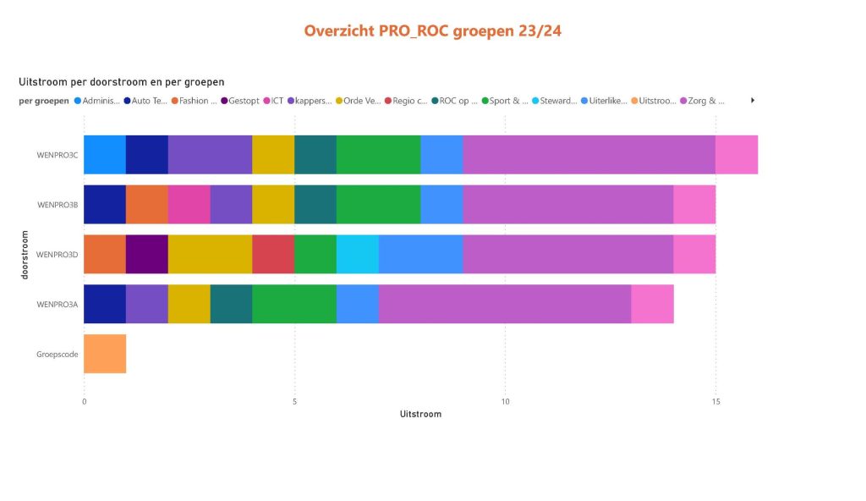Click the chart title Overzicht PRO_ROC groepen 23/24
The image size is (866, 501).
click(x=432, y=31)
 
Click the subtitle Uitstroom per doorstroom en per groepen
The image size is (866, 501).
click(x=121, y=82)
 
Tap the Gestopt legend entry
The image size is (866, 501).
click(x=240, y=101)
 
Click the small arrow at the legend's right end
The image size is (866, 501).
click(x=752, y=100)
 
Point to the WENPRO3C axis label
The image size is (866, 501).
click(x=58, y=155)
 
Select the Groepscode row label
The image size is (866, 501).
click(x=58, y=355)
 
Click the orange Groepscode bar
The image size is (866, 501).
click(x=105, y=354)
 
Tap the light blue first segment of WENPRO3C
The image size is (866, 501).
click(x=105, y=154)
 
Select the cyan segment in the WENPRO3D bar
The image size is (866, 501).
click(x=357, y=254)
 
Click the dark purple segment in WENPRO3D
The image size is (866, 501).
click(x=147, y=254)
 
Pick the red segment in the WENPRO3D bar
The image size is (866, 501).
click(x=273, y=254)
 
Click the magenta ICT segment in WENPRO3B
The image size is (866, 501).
click(x=189, y=204)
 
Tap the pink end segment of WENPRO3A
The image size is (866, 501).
click(x=652, y=304)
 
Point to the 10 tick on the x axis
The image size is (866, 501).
click(x=505, y=401)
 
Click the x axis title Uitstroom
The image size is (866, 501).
click(x=420, y=414)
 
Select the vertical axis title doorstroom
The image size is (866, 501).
click(x=25, y=254)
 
